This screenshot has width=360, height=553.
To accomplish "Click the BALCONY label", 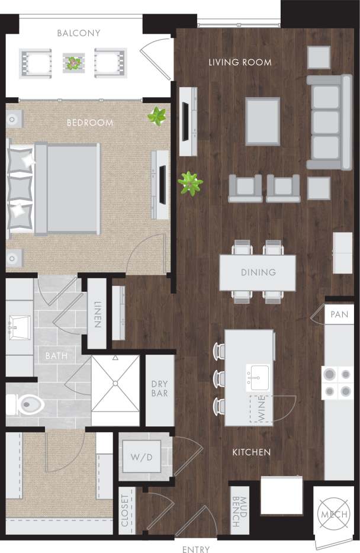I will pyautogui.click(x=79, y=33).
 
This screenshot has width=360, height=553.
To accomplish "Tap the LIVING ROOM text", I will pyautogui.click(x=240, y=62).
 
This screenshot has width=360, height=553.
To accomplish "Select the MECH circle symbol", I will pyautogui.click(x=333, y=514).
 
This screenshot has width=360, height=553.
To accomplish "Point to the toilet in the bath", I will pyautogui.click(x=30, y=405).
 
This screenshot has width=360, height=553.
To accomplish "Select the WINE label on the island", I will pyautogui.click(x=261, y=409).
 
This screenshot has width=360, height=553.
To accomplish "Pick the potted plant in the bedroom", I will pyautogui.click(x=157, y=116).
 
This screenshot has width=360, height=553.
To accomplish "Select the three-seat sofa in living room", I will pyautogui.click(x=329, y=122).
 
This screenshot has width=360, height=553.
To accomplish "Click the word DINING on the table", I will pyautogui.click(x=258, y=272).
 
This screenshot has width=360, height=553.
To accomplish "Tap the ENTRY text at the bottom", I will pyautogui.click(x=196, y=549).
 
